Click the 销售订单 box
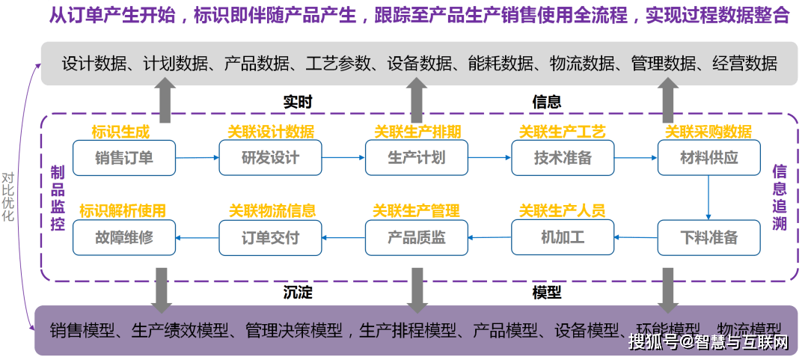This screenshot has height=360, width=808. (x=124, y=158)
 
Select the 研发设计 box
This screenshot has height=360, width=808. (x=270, y=158)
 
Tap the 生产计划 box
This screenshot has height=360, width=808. (x=416, y=158)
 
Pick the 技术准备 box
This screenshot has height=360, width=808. (x=563, y=158)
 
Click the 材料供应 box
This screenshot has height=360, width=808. (x=708, y=158)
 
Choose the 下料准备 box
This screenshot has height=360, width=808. (x=708, y=238)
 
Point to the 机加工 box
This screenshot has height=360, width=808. (x=563, y=238)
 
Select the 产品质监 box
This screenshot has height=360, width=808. (x=416, y=238)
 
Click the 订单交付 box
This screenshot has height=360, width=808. (x=270, y=238)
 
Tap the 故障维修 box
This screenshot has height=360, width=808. (x=124, y=238)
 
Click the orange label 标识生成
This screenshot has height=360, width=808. (x=120, y=132)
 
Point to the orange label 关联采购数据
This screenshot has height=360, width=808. (x=708, y=132)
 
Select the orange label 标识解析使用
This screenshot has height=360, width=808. (x=123, y=211)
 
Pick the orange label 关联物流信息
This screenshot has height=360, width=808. (x=272, y=211)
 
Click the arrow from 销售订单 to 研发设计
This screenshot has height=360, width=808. (x=197, y=158)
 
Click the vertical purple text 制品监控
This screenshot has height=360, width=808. (x=58, y=198)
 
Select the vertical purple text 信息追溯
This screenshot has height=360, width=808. (x=779, y=198)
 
